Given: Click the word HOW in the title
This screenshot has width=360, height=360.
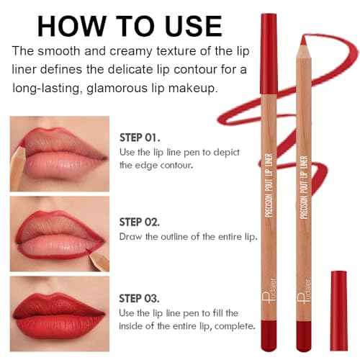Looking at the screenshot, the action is click(x=72, y=26).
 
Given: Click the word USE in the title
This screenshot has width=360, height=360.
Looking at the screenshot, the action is click(x=194, y=26).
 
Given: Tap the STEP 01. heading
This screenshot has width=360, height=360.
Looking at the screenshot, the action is click(x=140, y=138).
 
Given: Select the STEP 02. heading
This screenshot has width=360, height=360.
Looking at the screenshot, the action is click(x=140, y=222).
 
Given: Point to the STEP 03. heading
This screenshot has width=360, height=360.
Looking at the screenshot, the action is click(x=139, y=298).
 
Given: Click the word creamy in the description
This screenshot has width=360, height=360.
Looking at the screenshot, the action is click(x=131, y=52).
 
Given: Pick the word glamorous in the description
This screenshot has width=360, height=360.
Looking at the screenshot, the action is click(x=116, y=89).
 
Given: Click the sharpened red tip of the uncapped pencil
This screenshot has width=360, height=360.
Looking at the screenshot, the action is click(x=303, y=40).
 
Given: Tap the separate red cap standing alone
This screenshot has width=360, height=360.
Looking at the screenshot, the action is click(x=338, y=311).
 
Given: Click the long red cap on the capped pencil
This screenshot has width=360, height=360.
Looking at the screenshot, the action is click(x=269, y=53).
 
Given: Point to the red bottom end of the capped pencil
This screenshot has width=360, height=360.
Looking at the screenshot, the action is click(x=269, y=336).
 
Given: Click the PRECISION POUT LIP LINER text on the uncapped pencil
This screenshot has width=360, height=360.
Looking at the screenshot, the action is click(x=304, y=187).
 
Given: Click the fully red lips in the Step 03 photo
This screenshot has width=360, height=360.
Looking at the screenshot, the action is click(x=59, y=315).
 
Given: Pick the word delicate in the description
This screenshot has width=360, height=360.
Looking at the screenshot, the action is click(x=130, y=70).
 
